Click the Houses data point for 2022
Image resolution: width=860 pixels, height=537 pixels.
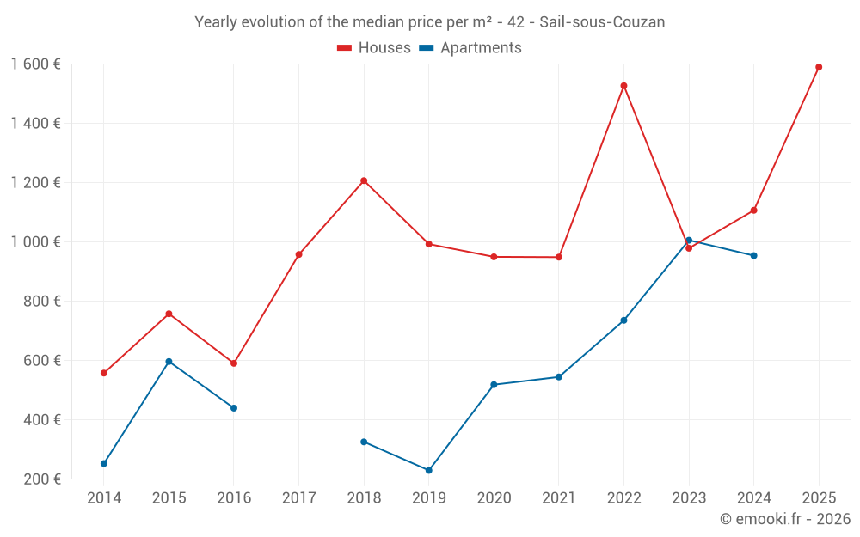(623, 86)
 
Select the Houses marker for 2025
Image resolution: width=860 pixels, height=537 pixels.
(819, 67)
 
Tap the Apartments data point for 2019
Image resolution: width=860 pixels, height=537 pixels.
(428, 470)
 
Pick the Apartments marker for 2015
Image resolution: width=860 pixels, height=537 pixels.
(169, 362)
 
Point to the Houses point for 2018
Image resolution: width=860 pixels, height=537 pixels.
(364, 180)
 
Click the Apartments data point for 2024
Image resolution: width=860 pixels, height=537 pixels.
(753, 255)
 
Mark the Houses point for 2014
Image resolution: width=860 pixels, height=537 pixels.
(104, 373)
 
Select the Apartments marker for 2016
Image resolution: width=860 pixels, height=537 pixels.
(234, 408)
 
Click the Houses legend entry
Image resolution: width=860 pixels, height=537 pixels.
(374, 48)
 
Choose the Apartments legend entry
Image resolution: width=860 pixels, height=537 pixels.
(470, 48)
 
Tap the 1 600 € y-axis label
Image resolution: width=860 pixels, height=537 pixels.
(36, 64)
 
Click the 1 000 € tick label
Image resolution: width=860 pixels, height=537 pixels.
(36, 242)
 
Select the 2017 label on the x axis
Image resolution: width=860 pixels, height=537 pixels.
(298, 498)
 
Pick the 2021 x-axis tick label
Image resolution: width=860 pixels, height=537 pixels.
(558, 498)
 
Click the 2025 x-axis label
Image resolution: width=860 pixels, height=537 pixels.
(819, 498)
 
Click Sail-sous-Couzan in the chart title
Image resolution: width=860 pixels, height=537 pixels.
(602, 22)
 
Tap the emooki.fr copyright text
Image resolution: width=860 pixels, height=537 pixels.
(785, 519)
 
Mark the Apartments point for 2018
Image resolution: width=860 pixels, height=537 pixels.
(364, 442)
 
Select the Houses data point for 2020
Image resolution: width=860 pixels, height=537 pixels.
(494, 257)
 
